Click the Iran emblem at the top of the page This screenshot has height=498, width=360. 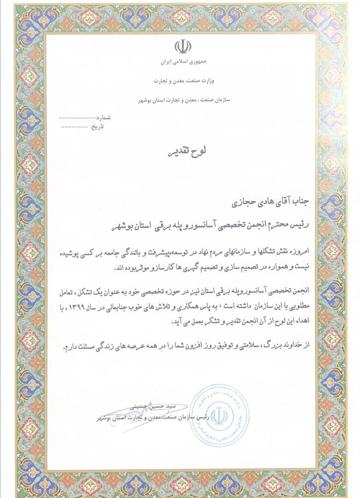coord(183,47)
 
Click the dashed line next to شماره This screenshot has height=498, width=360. coord(76,119)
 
